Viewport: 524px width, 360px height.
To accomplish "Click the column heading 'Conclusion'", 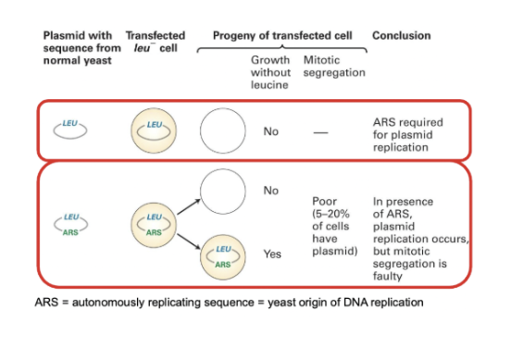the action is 402,35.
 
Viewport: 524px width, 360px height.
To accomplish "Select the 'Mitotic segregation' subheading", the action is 334,66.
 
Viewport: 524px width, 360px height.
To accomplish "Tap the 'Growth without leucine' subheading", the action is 270,72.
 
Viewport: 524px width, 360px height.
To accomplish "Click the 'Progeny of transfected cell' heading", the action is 282,35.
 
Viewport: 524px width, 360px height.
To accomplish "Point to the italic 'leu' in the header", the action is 142,48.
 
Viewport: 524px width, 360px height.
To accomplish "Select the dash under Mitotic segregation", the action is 320,132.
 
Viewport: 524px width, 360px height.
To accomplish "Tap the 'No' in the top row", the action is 270,131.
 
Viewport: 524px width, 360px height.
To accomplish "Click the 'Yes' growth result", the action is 272,254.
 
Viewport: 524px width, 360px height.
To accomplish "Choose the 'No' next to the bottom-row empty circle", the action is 270,191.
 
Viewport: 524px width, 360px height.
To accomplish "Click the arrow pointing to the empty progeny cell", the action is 189,206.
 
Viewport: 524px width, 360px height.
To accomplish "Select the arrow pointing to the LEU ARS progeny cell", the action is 189,242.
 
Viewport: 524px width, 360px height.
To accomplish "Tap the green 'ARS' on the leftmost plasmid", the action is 70,232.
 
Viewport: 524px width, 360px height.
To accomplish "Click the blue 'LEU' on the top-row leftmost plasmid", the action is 69,123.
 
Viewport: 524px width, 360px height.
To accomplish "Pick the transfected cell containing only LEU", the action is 154,130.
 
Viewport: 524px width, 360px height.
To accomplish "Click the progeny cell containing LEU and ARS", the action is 222,256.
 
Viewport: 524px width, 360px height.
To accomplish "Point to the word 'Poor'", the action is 325,201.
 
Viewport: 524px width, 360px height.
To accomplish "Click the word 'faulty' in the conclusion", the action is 388,276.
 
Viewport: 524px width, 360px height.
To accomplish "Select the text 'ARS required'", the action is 408,122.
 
